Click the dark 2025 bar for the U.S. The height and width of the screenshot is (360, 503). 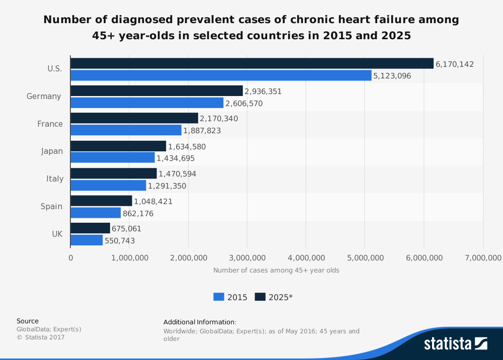click(x=251, y=63)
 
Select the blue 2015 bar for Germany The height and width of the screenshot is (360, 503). click(x=147, y=103)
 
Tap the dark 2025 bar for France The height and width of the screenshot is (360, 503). click(x=134, y=118)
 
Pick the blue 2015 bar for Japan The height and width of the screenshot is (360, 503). click(x=113, y=158)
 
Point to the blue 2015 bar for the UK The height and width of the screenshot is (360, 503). click(x=87, y=240)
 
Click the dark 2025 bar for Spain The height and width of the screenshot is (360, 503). click(x=101, y=201)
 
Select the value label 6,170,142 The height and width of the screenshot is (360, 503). click(x=455, y=64)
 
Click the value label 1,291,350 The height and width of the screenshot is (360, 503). click(x=167, y=186)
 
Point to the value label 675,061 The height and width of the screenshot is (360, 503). click(x=126, y=229)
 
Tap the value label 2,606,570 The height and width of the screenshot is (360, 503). click(x=244, y=104)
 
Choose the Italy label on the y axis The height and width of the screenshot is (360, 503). click(x=55, y=178)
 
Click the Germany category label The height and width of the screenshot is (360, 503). click(x=44, y=96)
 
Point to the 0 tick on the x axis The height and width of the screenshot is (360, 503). click(x=70, y=258)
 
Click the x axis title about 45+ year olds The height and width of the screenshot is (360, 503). click(x=276, y=271)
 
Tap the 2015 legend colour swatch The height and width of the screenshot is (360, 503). click(x=219, y=297)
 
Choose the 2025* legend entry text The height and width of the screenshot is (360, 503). click(x=281, y=297)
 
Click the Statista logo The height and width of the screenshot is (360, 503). click(x=455, y=344)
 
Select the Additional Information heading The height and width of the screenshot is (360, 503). click(x=200, y=322)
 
